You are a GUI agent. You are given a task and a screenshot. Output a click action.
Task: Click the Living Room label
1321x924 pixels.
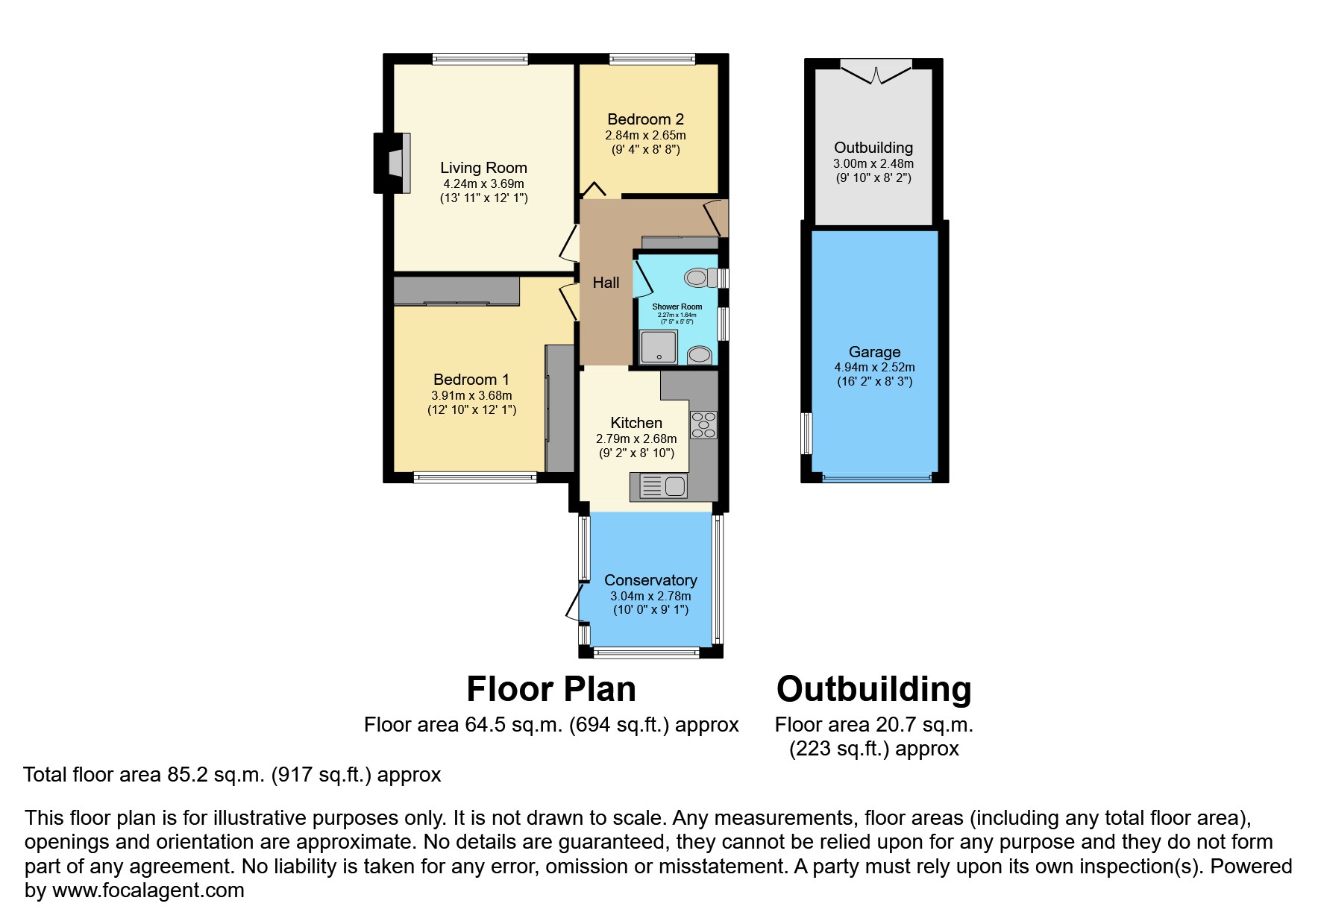pyautogui.click(x=483, y=168)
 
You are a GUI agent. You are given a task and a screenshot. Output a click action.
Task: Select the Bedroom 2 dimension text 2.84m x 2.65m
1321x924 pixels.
pyautogui.click(x=645, y=136)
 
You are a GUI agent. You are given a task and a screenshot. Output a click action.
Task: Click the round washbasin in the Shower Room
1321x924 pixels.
pyautogui.click(x=699, y=355)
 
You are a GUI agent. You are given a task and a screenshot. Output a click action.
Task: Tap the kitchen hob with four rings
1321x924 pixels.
pyautogui.click(x=703, y=424)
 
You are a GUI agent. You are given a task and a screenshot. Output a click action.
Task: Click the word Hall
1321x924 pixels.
pyautogui.click(x=606, y=283)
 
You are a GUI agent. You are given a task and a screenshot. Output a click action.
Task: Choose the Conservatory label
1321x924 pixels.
pyautogui.click(x=650, y=580)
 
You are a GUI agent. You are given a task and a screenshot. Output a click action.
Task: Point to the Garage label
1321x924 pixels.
pyautogui.click(x=874, y=352)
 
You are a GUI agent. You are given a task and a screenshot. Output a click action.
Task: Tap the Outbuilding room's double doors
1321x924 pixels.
pyautogui.click(x=876, y=73)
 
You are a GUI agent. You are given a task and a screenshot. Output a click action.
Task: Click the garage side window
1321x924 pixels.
pyautogui.click(x=806, y=433)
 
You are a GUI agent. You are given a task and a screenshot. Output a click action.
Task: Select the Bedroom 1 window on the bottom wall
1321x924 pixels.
pyautogui.click(x=475, y=478)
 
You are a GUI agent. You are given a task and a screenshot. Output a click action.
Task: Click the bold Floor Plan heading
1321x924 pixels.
pyautogui.click(x=550, y=689)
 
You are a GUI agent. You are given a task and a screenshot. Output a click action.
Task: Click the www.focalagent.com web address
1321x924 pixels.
pyautogui.click(x=148, y=890)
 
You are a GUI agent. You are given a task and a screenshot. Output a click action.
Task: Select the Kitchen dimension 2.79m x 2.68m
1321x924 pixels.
pyautogui.click(x=636, y=439)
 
